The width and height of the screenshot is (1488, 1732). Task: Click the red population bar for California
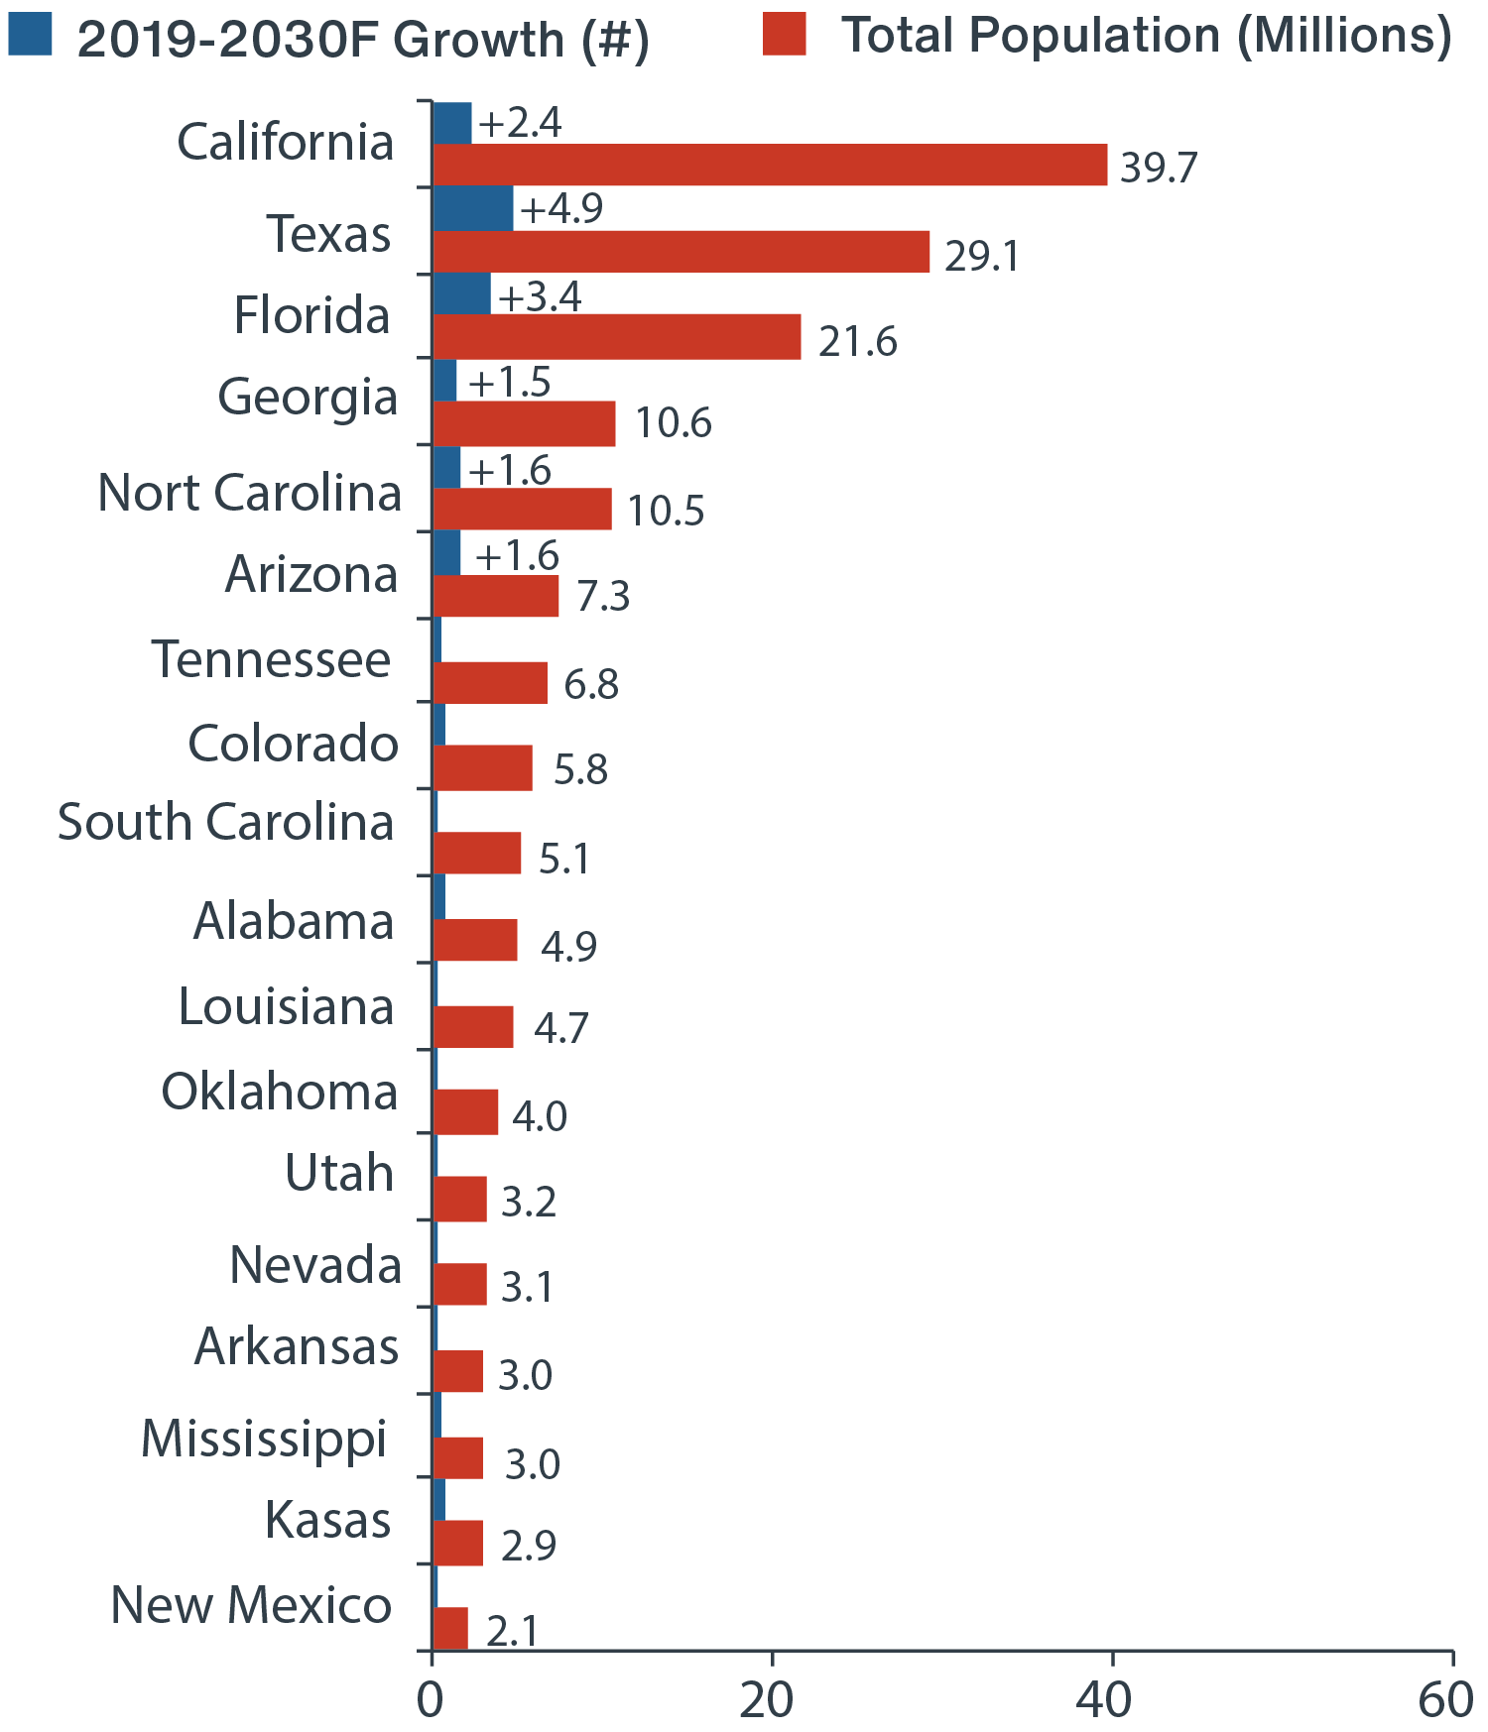(x=770, y=165)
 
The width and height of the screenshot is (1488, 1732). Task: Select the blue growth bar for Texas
(x=473, y=208)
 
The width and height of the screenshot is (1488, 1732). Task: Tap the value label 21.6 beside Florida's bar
(x=857, y=341)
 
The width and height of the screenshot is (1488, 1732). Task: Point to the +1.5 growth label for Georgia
(x=510, y=382)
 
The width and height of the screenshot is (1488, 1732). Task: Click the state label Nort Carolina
(x=250, y=493)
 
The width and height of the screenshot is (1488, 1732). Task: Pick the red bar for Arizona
(x=496, y=596)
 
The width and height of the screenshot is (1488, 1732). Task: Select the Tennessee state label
(x=272, y=660)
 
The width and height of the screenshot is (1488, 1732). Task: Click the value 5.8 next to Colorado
(x=580, y=769)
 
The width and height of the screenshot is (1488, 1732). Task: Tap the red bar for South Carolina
(x=477, y=853)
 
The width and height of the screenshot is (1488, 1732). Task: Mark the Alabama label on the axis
(x=294, y=922)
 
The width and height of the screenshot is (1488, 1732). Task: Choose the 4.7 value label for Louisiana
(x=561, y=1028)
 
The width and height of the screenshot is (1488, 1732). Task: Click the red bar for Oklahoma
(x=465, y=1111)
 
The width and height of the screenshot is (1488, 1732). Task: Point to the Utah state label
(x=339, y=1173)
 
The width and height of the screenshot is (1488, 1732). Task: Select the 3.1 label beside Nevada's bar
(x=527, y=1287)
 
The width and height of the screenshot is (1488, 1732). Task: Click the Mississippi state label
(x=264, y=1439)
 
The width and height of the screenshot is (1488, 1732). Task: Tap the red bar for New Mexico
(x=450, y=1628)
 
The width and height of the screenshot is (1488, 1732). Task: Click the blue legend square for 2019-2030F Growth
(x=30, y=34)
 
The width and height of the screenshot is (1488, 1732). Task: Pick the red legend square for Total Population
(x=785, y=34)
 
